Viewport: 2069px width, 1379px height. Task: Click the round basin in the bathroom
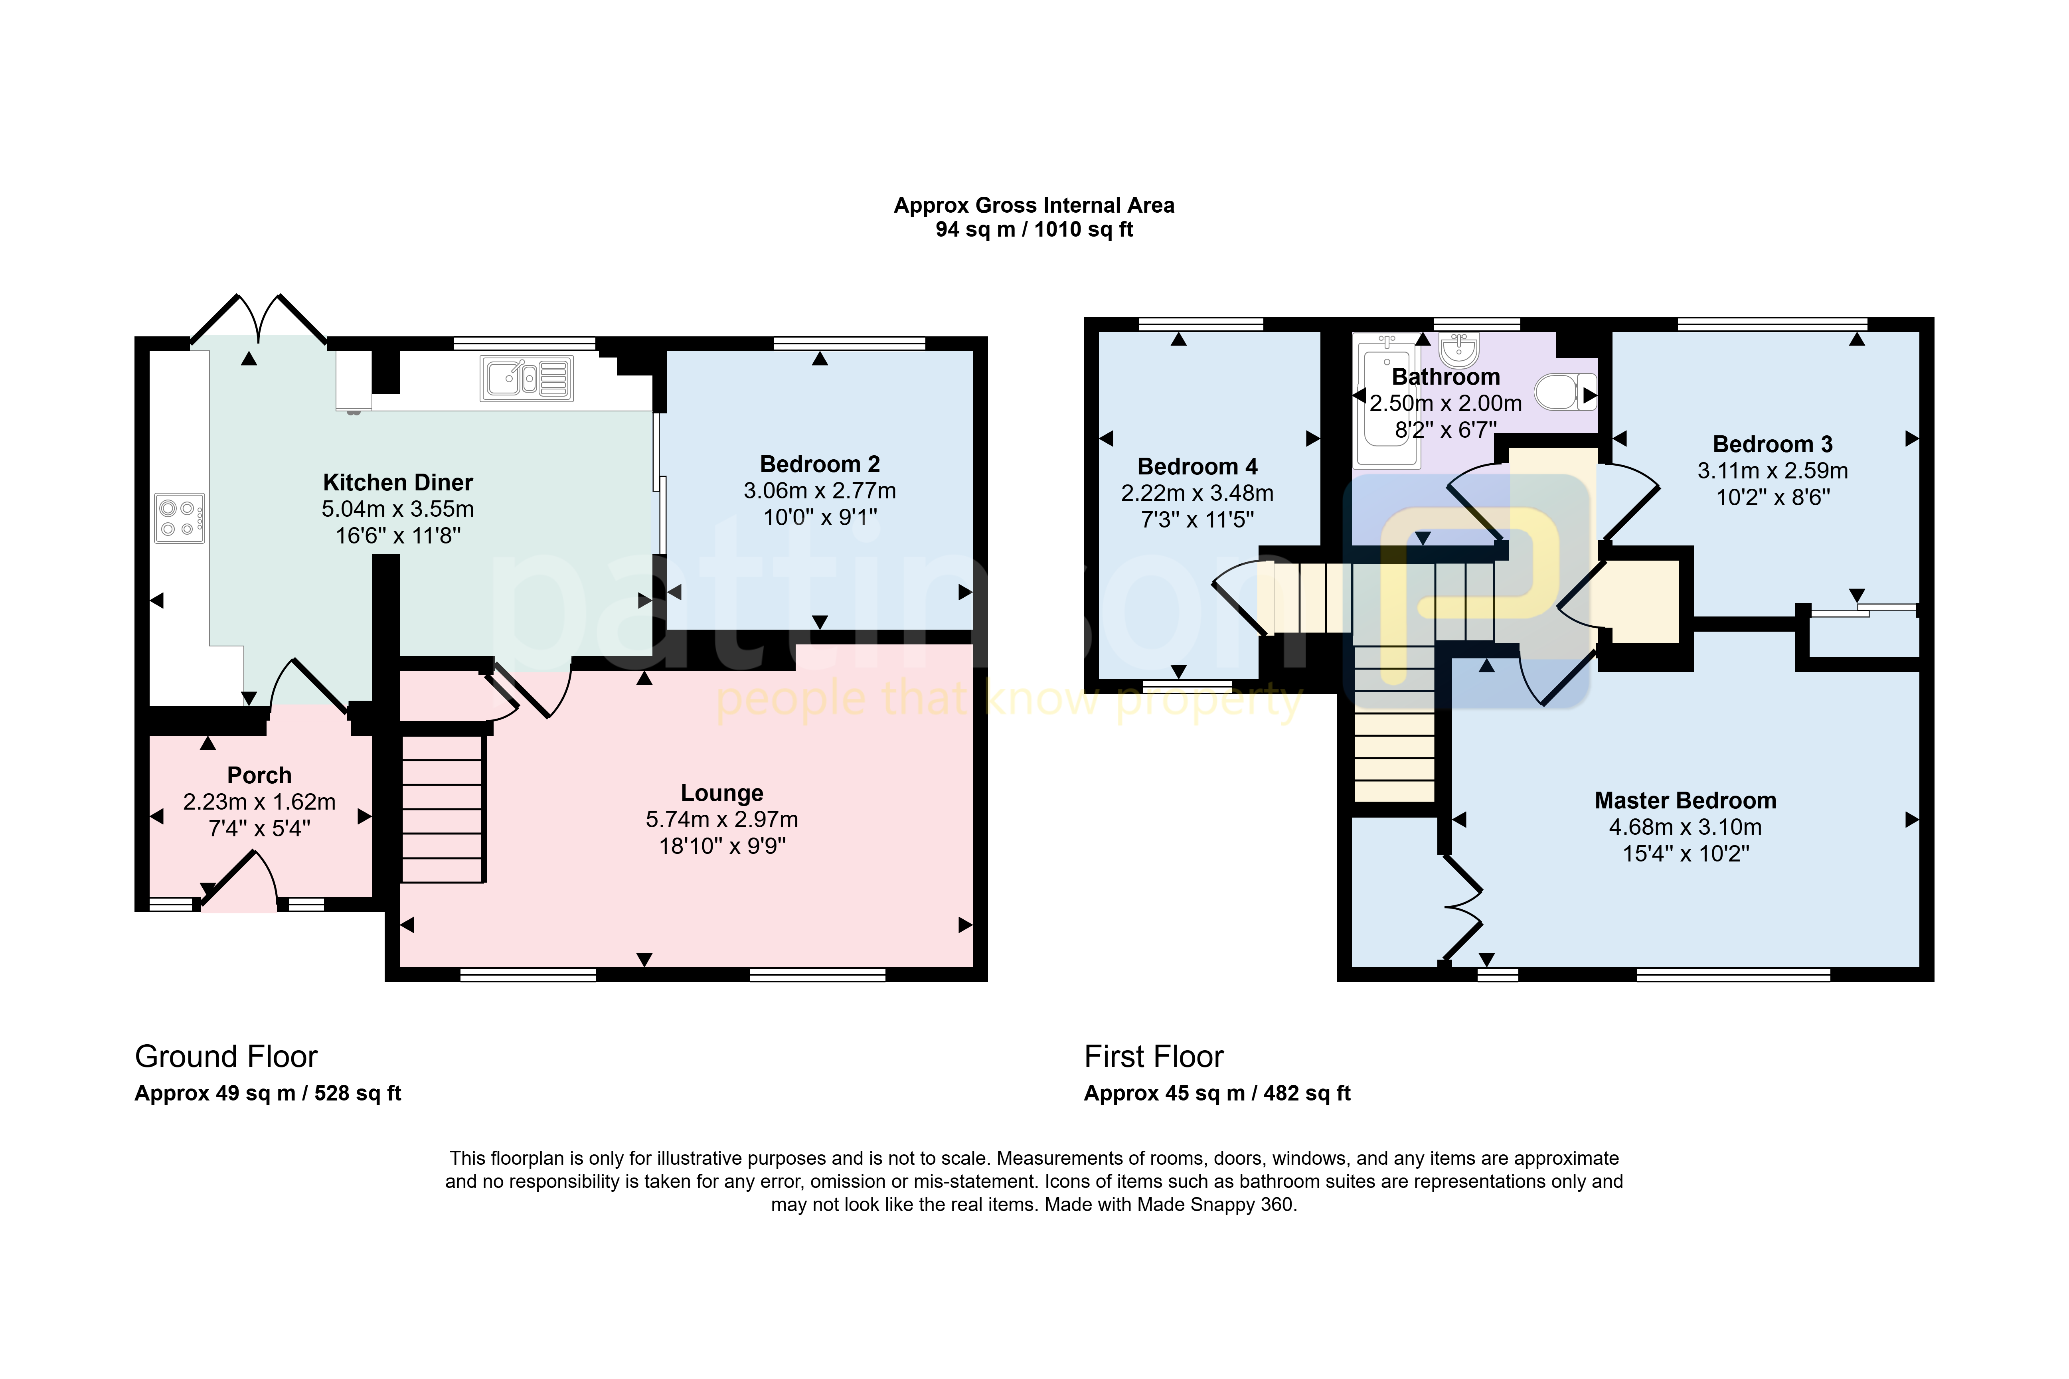[1459, 349]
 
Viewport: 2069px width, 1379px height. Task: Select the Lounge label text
[722, 793]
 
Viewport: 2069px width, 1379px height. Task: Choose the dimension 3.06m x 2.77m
[820, 491]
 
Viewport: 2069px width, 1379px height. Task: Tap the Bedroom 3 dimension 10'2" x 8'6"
[1773, 498]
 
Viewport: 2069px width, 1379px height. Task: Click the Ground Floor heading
[226, 1056]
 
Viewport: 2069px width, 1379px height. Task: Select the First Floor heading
[1154, 1056]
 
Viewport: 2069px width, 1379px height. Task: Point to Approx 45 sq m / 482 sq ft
[1217, 1093]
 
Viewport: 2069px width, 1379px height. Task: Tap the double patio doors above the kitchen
[259, 318]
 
